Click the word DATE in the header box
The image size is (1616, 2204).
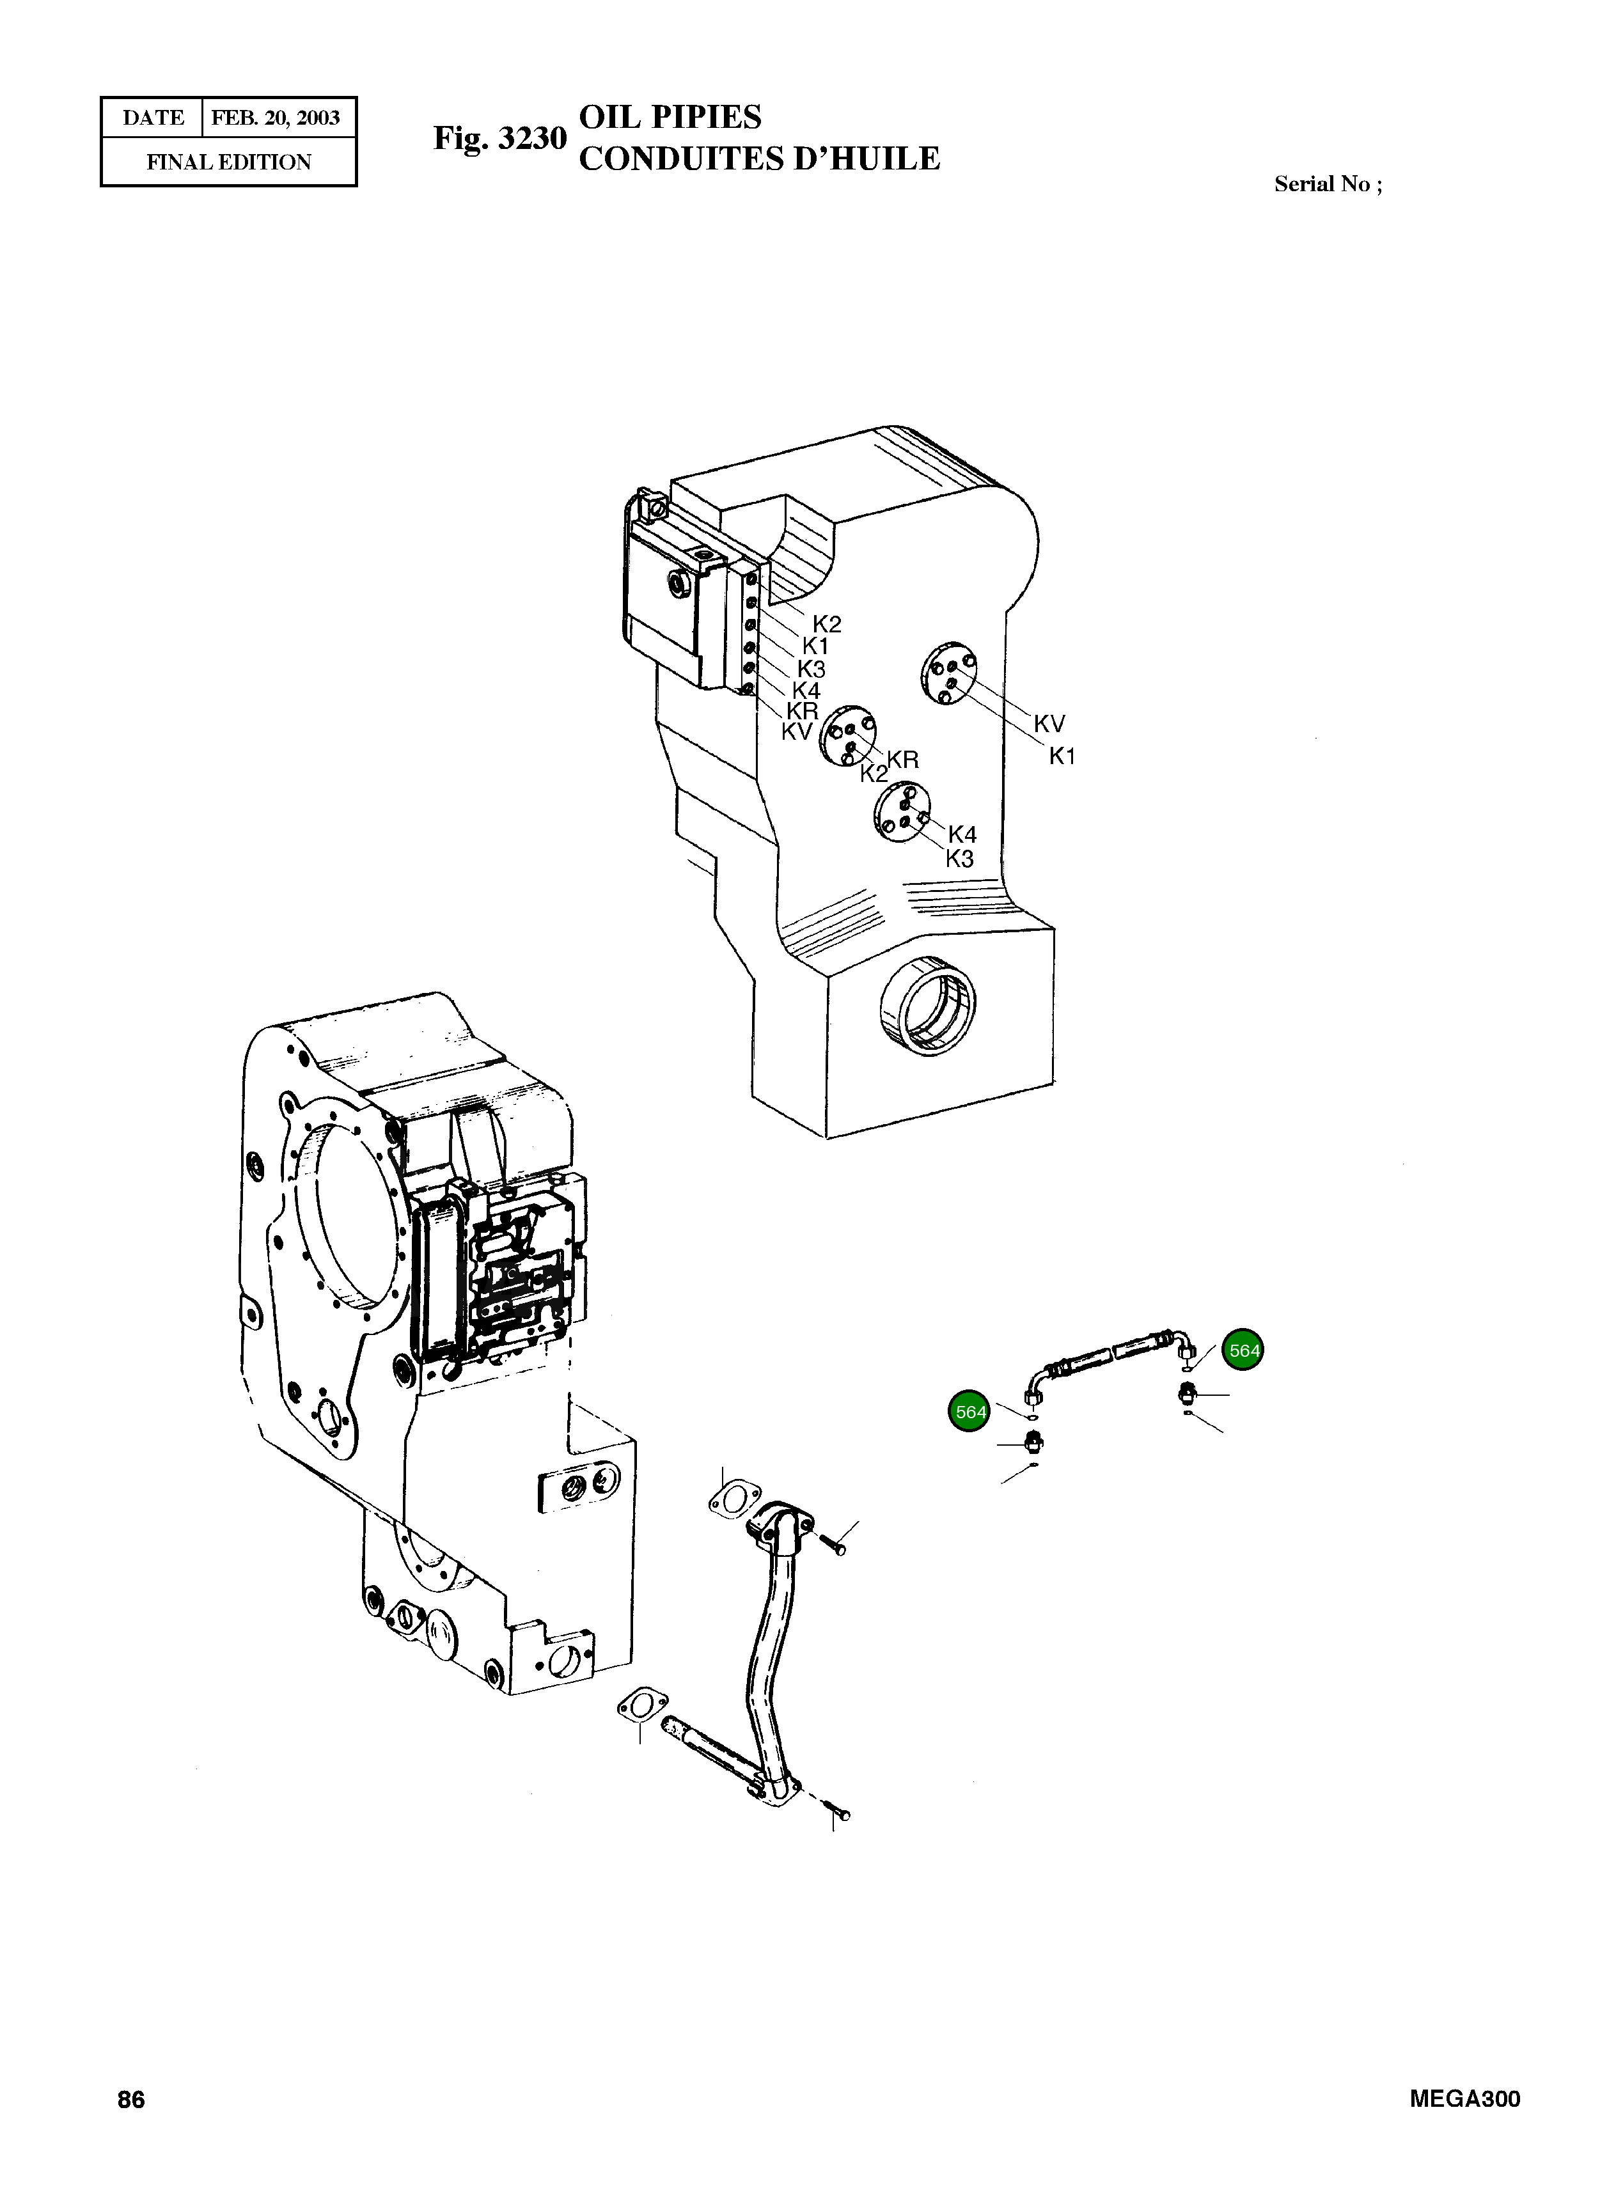tap(153, 118)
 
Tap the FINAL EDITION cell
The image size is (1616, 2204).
tap(229, 162)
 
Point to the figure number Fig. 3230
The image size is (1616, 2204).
tap(500, 138)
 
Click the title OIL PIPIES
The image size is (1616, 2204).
tap(670, 118)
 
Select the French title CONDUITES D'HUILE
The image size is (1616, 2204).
tap(759, 159)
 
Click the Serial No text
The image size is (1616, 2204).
tap(1328, 184)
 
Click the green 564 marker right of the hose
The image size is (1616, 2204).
tap(1244, 1350)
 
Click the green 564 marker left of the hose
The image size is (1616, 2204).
tap(970, 1412)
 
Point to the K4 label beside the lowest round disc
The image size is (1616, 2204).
tap(962, 834)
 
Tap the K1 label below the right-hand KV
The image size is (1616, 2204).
tap(1062, 756)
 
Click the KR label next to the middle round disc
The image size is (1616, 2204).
tap(903, 760)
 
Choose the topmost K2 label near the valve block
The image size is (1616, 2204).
tap(827, 624)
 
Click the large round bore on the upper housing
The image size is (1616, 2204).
tap(927, 1007)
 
